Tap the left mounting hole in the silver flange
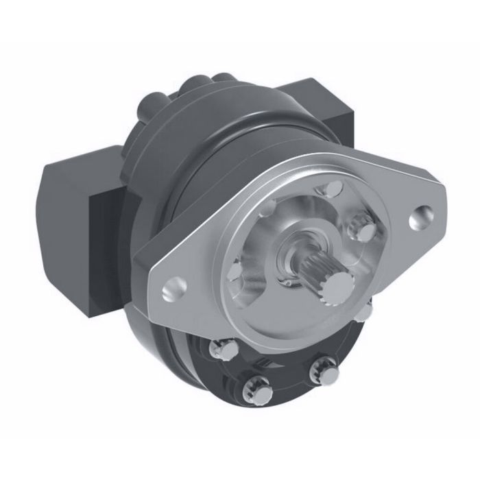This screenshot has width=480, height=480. pos(171,289)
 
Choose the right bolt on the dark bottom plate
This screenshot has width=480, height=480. pos(320,371)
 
